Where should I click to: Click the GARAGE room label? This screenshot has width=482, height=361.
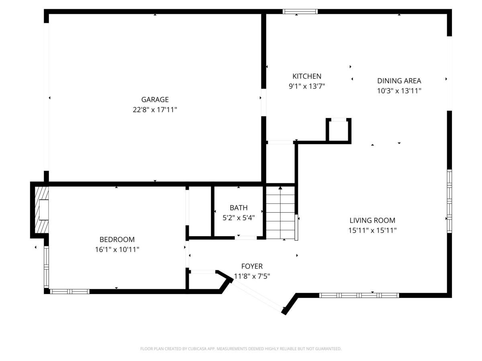tap(155, 99)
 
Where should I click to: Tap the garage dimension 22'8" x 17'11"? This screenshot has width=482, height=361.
tap(155, 110)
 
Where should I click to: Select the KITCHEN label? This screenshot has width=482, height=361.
tap(306, 76)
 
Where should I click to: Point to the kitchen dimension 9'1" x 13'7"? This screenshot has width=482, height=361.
tap(306, 86)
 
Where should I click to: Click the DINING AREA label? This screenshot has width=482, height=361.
tap(399, 81)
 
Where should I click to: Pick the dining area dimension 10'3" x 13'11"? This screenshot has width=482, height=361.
tap(399, 91)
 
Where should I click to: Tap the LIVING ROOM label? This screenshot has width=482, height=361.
tap(372, 220)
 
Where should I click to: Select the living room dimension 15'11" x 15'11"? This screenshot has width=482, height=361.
tap(372, 230)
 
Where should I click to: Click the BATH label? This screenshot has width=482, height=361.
tap(239, 208)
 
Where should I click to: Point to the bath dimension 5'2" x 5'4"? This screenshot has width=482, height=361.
tap(239, 218)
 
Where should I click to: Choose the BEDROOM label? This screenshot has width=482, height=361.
tap(117, 239)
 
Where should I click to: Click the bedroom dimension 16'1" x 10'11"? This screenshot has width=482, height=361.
tap(117, 249)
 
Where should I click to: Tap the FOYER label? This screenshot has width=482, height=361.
tap(252, 266)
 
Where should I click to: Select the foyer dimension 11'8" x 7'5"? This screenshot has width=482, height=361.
tap(252, 276)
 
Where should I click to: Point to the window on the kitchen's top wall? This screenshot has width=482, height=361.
tap(300, 12)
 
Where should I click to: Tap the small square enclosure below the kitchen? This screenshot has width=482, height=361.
tap(339, 130)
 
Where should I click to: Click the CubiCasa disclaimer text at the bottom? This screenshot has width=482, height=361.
tap(241, 349)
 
